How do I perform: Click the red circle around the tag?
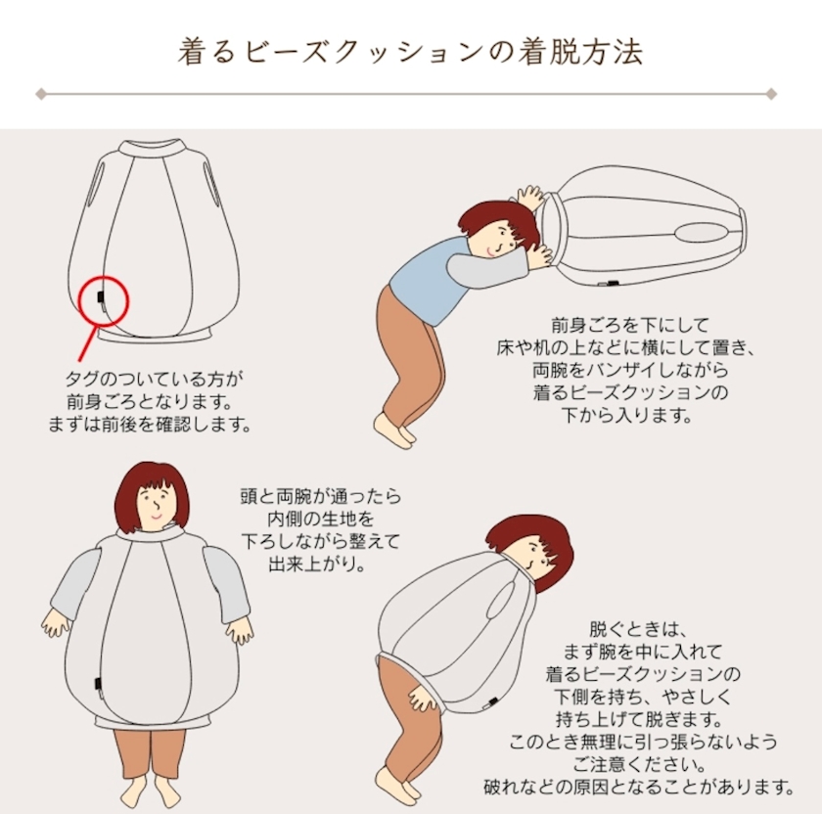[79, 301]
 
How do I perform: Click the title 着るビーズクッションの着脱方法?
[410, 52]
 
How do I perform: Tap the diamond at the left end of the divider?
[41, 94]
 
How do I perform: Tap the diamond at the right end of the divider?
[771, 94]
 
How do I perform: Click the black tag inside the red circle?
[101, 296]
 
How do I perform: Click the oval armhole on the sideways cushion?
[701, 231]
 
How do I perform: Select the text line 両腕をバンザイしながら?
[630, 370]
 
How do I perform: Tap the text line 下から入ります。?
[627, 416]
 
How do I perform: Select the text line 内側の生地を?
[320, 519]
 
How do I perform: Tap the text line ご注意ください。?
[640, 764]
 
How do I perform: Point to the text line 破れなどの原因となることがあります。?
[640, 787]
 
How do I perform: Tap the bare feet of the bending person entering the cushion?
[394, 429]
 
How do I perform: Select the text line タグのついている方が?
[155, 379]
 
